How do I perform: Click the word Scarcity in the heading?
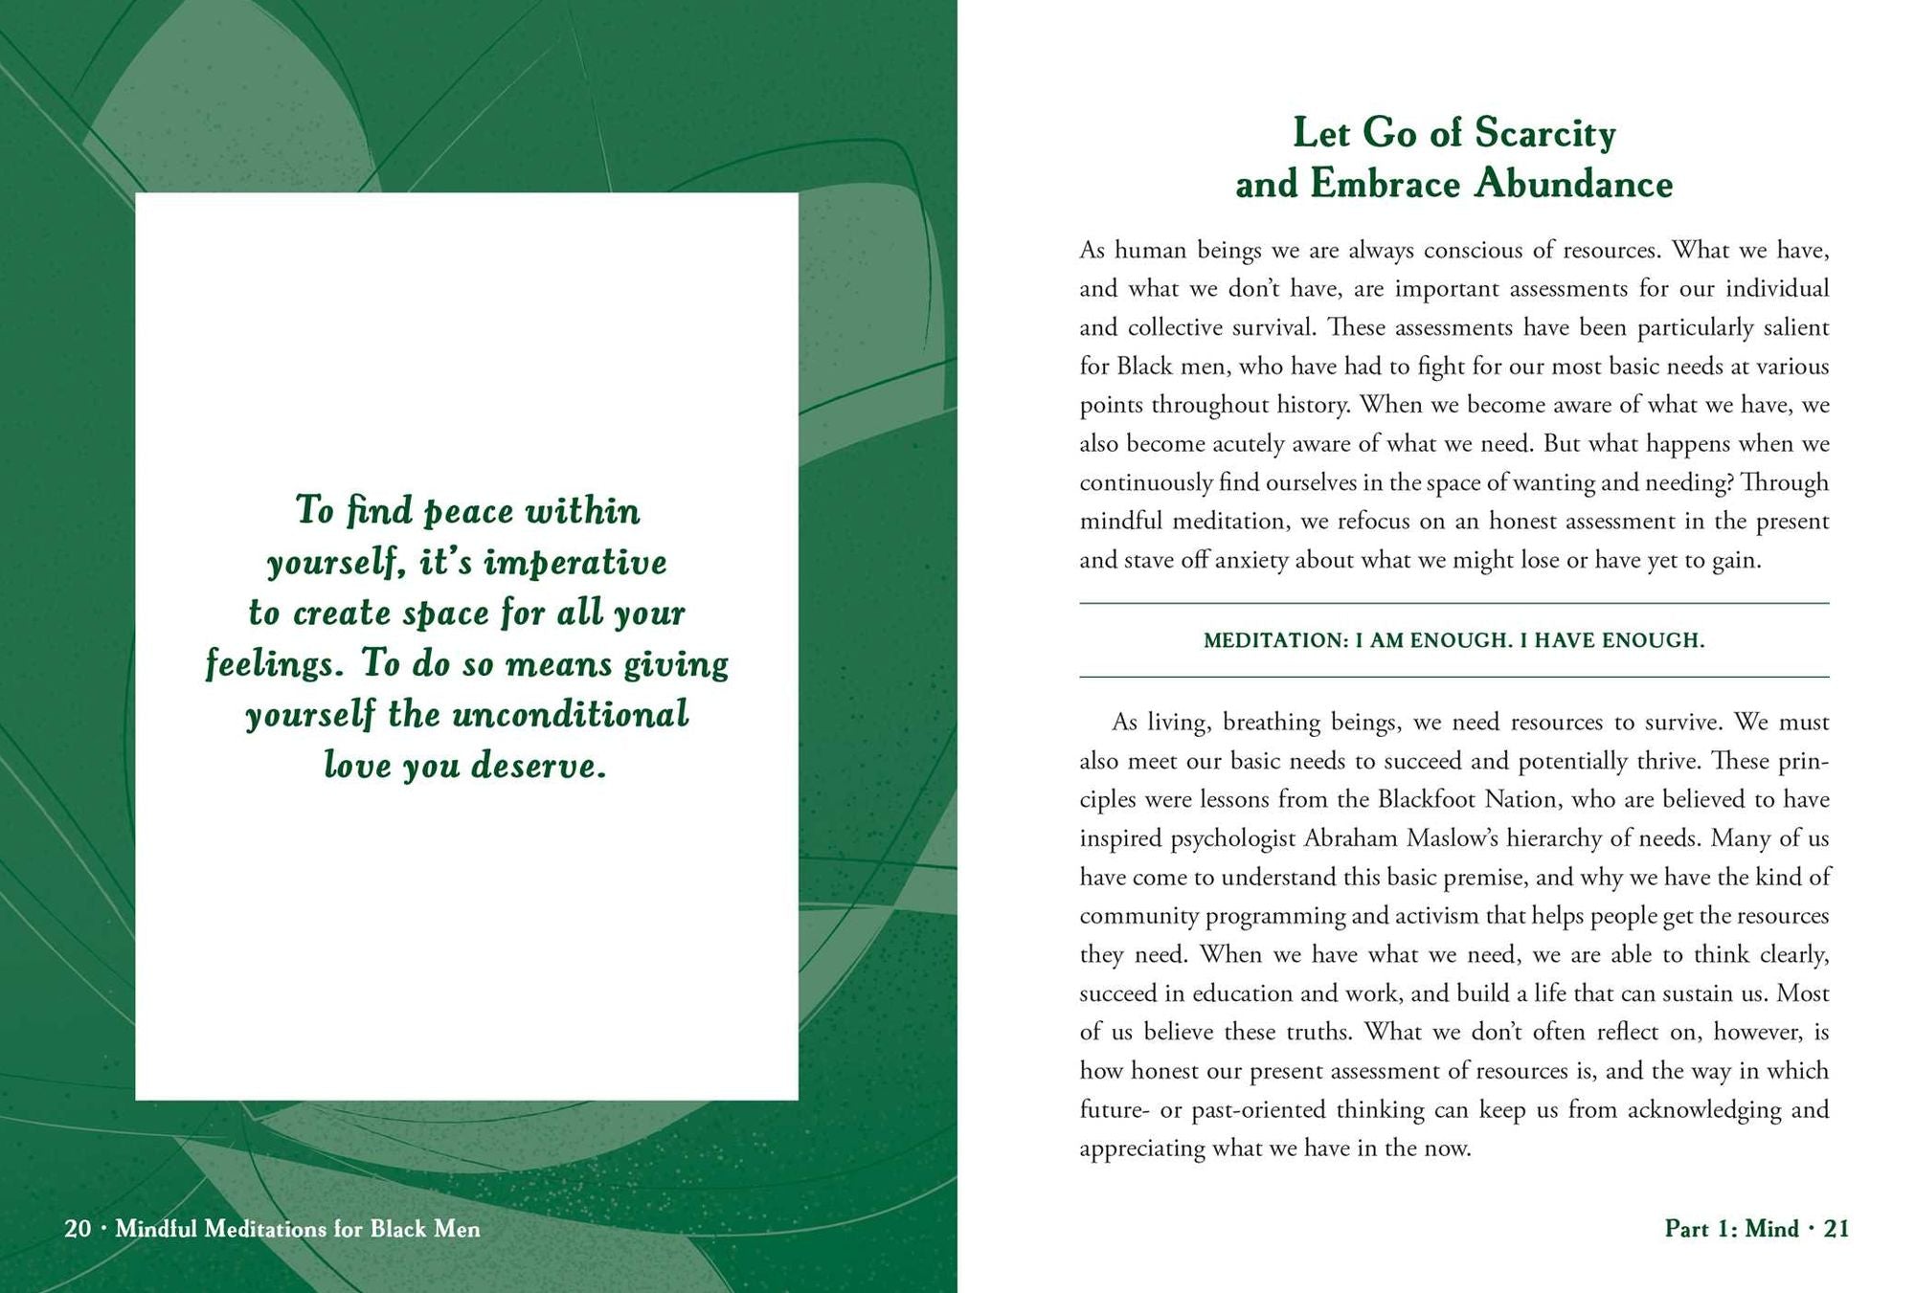[1544, 133]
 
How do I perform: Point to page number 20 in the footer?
[77, 1229]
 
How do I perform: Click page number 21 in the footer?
[1836, 1229]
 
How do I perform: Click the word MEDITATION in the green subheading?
[1274, 640]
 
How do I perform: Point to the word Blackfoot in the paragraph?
[1427, 799]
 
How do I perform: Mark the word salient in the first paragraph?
[1793, 327]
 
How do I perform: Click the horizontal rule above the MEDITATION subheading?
[1453, 603]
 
